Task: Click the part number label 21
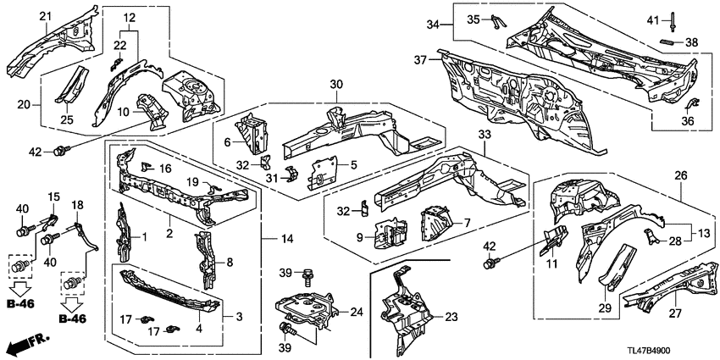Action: [x=45, y=17]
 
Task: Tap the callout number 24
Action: [x=355, y=312]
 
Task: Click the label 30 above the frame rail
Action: [x=335, y=85]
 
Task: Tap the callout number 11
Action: [x=552, y=265]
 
